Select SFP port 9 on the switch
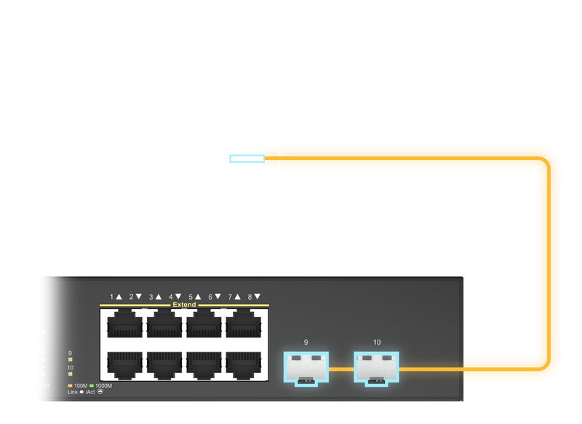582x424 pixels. (306, 368)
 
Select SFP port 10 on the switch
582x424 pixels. (376, 368)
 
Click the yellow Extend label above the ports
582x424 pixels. (184, 305)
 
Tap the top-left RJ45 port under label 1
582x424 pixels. (124, 324)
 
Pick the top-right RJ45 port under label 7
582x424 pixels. (245, 324)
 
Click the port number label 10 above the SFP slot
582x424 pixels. (376, 342)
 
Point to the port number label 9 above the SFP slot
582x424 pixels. (306, 342)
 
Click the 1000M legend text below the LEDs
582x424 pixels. (103, 385)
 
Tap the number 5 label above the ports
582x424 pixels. (191, 297)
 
